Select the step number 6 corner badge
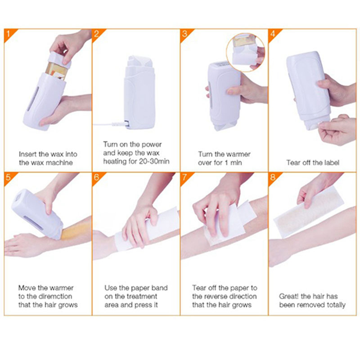[x=97, y=176]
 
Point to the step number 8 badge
[x=274, y=176]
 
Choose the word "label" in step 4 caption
[x=330, y=162]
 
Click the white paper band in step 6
[x=148, y=232]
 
